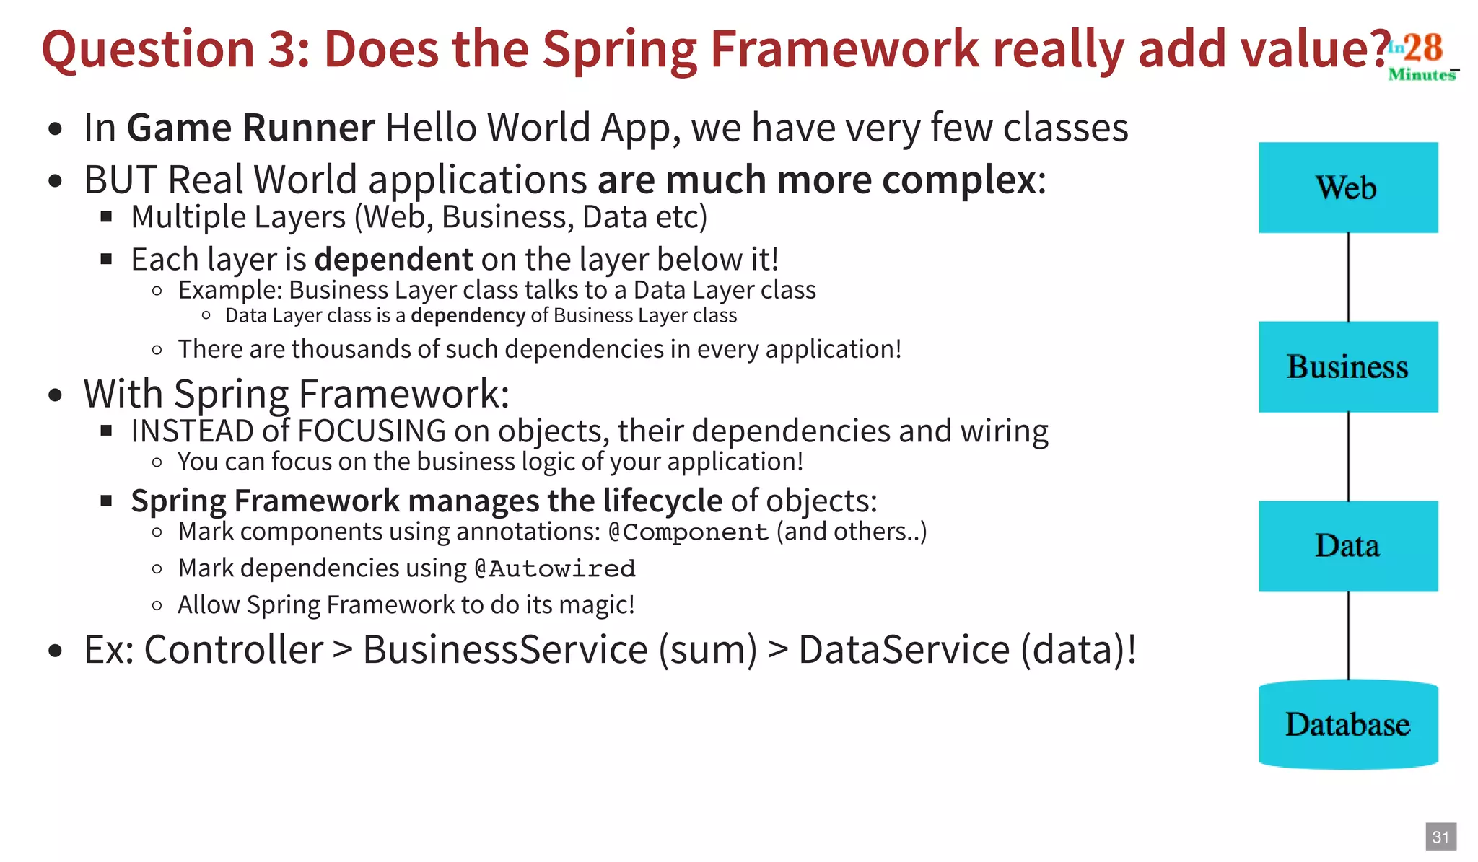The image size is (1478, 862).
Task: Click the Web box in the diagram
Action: click(x=1347, y=188)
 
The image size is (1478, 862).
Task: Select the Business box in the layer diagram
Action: click(x=1347, y=366)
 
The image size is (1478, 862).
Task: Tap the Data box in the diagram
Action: click(x=1347, y=546)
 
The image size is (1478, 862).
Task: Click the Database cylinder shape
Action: click(x=1347, y=724)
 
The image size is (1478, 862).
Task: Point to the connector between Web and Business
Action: click(x=1348, y=277)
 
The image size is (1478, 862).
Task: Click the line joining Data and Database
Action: click(x=1348, y=635)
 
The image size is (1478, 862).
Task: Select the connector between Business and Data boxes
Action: click(x=1348, y=457)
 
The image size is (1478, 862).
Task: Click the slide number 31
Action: click(x=1440, y=837)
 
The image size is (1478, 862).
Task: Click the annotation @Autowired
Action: click(x=554, y=569)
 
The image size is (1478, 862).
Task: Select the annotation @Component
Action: click(x=688, y=532)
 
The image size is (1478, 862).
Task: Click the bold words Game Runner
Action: click(x=250, y=128)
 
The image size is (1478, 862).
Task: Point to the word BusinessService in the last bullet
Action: click(x=505, y=649)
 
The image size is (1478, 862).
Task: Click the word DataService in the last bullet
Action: click(x=904, y=649)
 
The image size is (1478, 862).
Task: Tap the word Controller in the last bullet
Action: click(x=234, y=649)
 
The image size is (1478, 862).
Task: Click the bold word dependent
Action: click(x=393, y=260)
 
